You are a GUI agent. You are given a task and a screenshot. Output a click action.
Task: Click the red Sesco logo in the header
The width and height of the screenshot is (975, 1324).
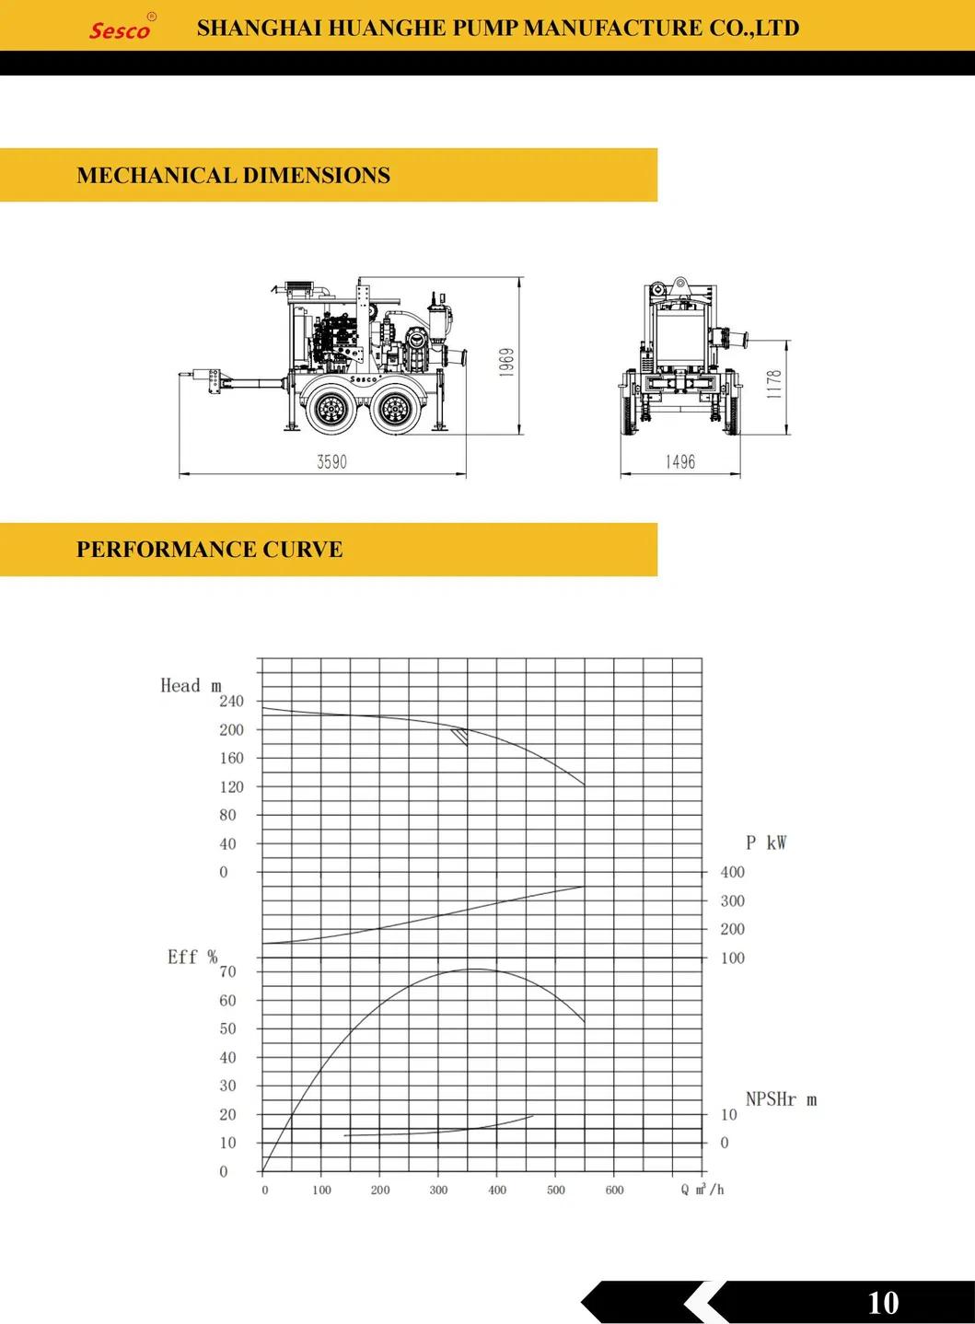click(120, 29)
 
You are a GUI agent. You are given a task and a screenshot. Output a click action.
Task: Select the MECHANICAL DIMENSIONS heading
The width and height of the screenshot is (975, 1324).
click(233, 175)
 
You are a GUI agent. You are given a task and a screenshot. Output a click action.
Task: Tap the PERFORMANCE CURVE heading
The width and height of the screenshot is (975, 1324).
click(209, 550)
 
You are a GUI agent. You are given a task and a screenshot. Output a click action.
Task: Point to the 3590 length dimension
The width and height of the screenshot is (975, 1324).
click(331, 462)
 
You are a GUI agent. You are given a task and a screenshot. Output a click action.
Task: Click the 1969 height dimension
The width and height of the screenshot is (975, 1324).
click(506, 362)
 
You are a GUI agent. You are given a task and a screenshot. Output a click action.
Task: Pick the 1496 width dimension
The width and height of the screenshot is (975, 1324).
click(680, 462)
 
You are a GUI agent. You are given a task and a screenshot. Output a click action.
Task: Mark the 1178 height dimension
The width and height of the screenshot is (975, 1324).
click(774, 383)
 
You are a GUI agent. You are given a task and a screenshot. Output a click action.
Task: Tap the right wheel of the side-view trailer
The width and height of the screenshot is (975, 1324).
click(393, 408)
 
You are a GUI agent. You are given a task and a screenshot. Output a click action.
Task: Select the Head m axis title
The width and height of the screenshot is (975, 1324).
click(191, 686)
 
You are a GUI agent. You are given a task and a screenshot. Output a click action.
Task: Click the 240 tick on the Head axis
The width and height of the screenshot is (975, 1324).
click(231, 702)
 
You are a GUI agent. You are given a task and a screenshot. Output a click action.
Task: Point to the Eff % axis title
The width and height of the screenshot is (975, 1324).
click(192, 958)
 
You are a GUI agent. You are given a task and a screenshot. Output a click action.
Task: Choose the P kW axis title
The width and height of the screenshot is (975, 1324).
click(766, 842)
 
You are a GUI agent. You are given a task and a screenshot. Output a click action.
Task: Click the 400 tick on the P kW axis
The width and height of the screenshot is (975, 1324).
click(733, 872)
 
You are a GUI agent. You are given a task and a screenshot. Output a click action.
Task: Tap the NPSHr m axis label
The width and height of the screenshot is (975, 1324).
click(781, 1099)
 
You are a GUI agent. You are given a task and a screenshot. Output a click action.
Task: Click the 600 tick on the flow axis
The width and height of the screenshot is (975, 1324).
click(614, 1190)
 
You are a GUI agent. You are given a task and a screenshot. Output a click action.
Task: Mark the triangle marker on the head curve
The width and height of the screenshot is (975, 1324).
click(459, 736)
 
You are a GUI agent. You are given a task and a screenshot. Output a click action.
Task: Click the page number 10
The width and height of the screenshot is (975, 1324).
click(883, 1302)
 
